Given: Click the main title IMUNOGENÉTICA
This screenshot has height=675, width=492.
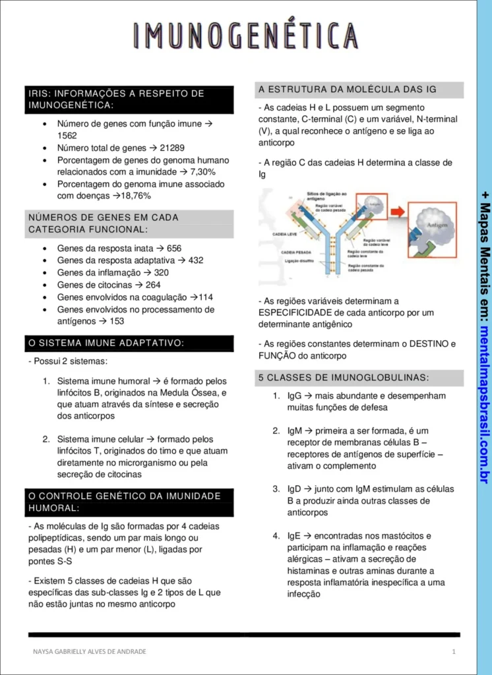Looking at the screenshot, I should tap(245, 36).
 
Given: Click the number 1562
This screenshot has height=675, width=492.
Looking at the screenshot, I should tap(67, 136).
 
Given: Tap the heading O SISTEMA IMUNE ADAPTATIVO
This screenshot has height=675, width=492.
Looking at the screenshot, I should tap(106, 343).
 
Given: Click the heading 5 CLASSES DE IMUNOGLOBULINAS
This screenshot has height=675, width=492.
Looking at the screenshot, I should tap(353, 378).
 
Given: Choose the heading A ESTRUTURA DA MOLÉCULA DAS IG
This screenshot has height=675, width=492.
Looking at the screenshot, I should tap(348, 90).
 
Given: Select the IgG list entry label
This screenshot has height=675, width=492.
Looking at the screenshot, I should tap(294, 396).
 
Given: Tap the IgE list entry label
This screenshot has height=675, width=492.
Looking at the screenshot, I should tap(294, 536).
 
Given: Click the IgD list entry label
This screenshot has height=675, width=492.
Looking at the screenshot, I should tap(294, 489).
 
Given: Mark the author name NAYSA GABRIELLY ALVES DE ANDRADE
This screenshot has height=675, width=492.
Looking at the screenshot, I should tap(90, 651).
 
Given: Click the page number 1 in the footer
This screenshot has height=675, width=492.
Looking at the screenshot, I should tap(454, 651).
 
